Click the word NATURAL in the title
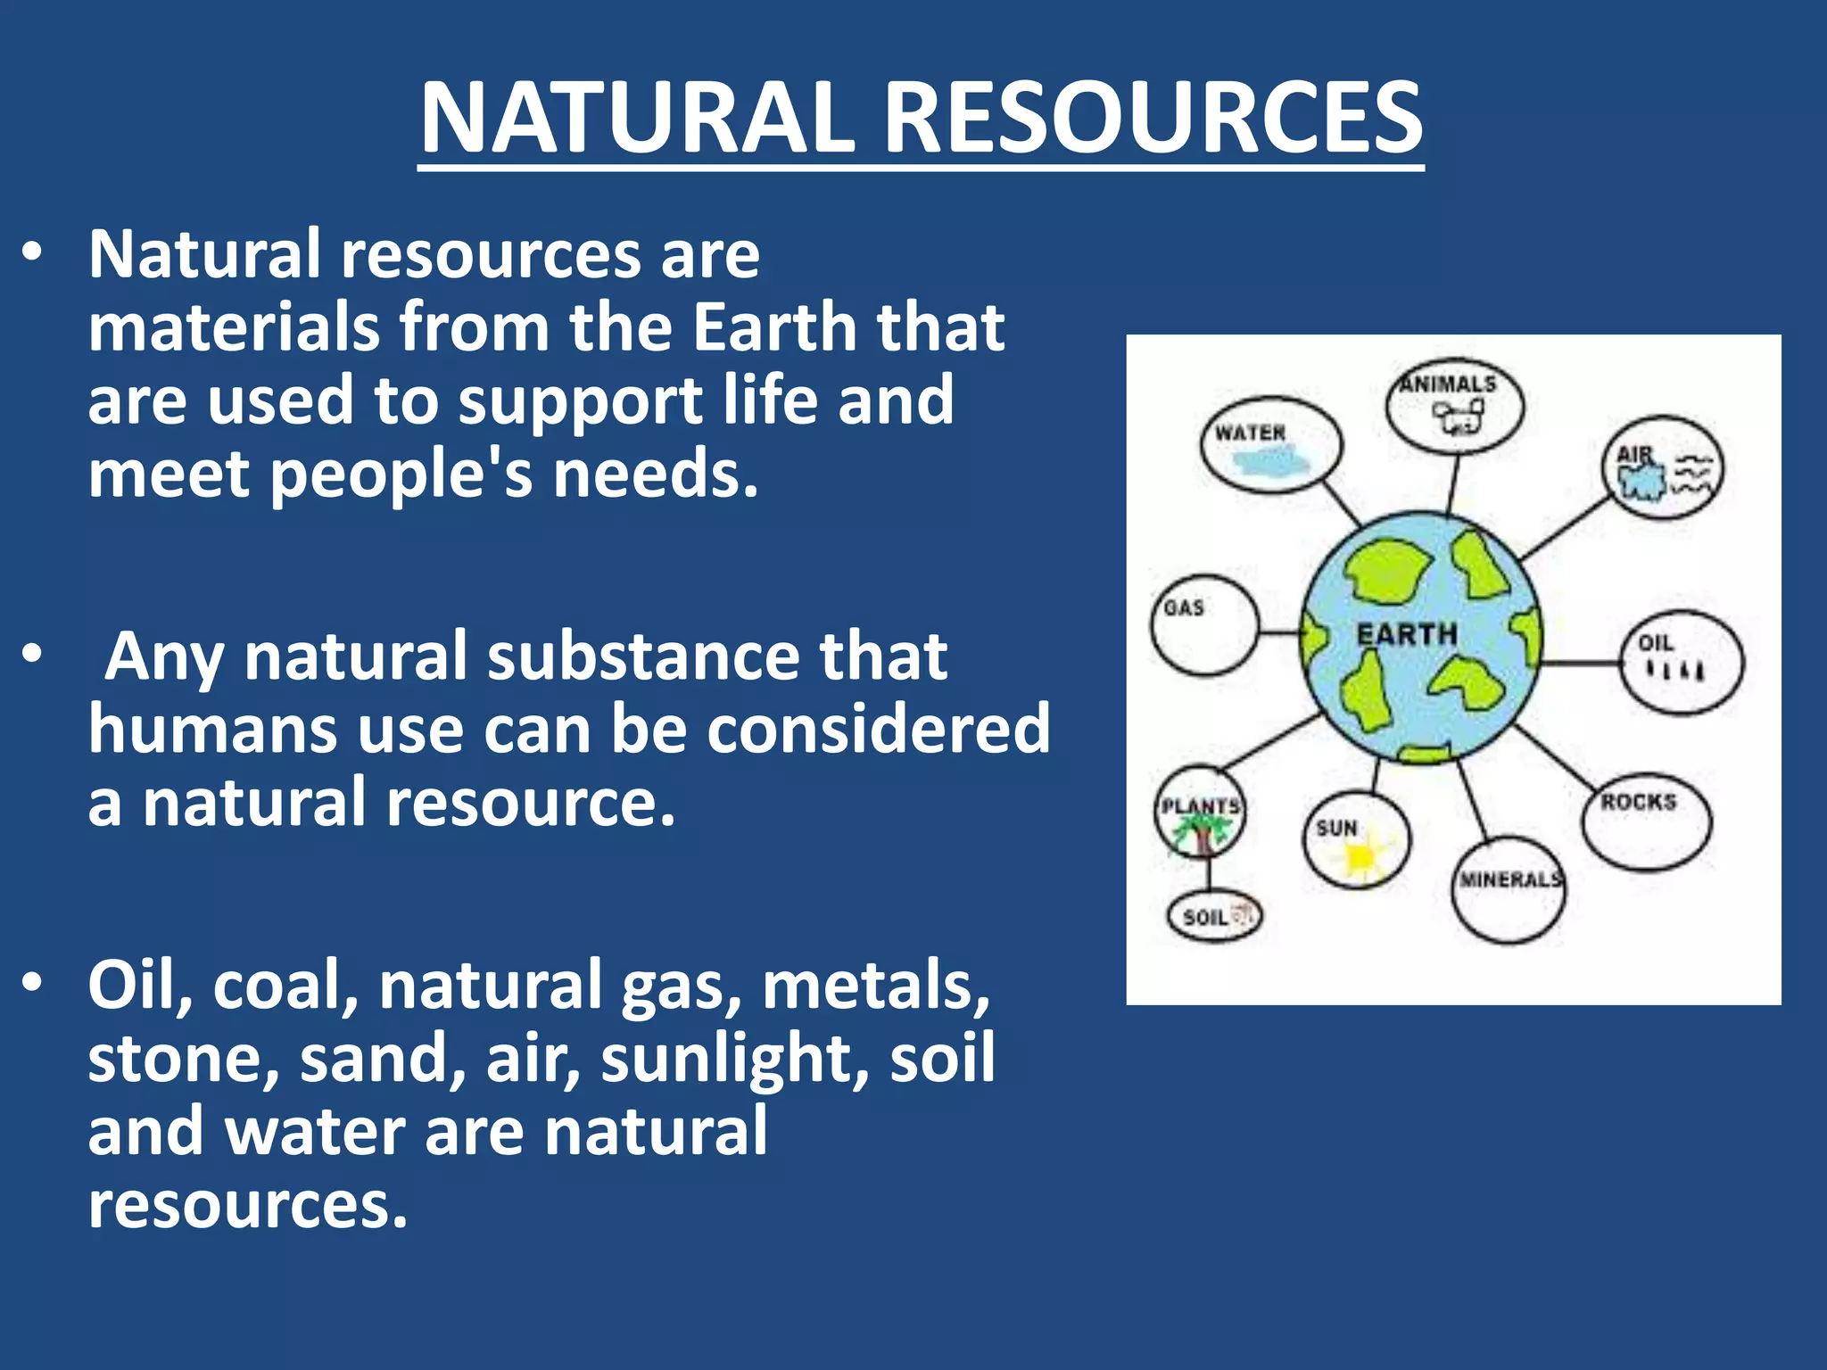pyautogui.click(x=637, y=118)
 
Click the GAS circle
pyautogui.click(x=1203, y=624)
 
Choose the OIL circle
pyautogui.click(x=1681, y=662)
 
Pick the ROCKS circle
pyautogui.click(x=1646, y=821)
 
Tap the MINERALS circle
pyautogui.click(x=1509, y=890)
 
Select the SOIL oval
pyautogui.click(x=1214, y=916)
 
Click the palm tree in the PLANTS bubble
pyautogui.click(x=1201, y=834)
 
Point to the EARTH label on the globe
pyautogui.click(x=1407, y=634)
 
